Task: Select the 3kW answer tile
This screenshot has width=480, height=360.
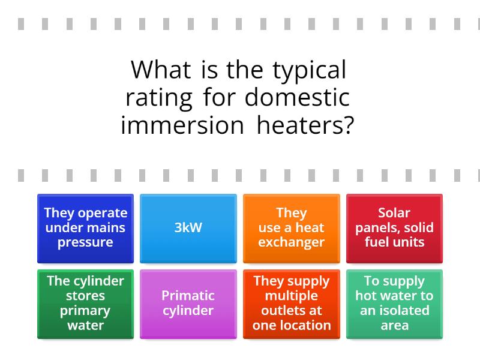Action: click(188, 229)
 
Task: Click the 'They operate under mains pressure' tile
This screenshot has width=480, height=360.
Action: click(85, 229)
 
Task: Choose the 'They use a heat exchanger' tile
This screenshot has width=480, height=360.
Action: click(292, 229)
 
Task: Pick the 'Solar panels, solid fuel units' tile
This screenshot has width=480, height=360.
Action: click(394, 229)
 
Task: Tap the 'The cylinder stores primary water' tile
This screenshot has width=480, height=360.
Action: click(85, 304)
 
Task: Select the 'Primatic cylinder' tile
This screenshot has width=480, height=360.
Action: click(188, 304)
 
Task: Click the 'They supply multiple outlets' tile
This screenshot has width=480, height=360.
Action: click(292, 304)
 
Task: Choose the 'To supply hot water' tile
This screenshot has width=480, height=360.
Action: click(394, 304)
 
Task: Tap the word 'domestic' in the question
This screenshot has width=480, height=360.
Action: click(297, 97)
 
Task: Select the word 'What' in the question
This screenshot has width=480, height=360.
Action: click(161, 70)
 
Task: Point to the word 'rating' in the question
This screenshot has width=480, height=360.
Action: click(159, 99)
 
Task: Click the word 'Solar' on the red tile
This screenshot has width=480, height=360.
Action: click(394, 213)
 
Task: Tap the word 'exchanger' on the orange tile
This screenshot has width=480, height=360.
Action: click(292, 243)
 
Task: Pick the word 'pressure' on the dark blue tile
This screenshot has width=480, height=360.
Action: click(85, 243)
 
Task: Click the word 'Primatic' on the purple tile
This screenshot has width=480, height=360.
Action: click(188, 296)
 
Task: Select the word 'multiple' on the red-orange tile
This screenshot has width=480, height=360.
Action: click(292, 296)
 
